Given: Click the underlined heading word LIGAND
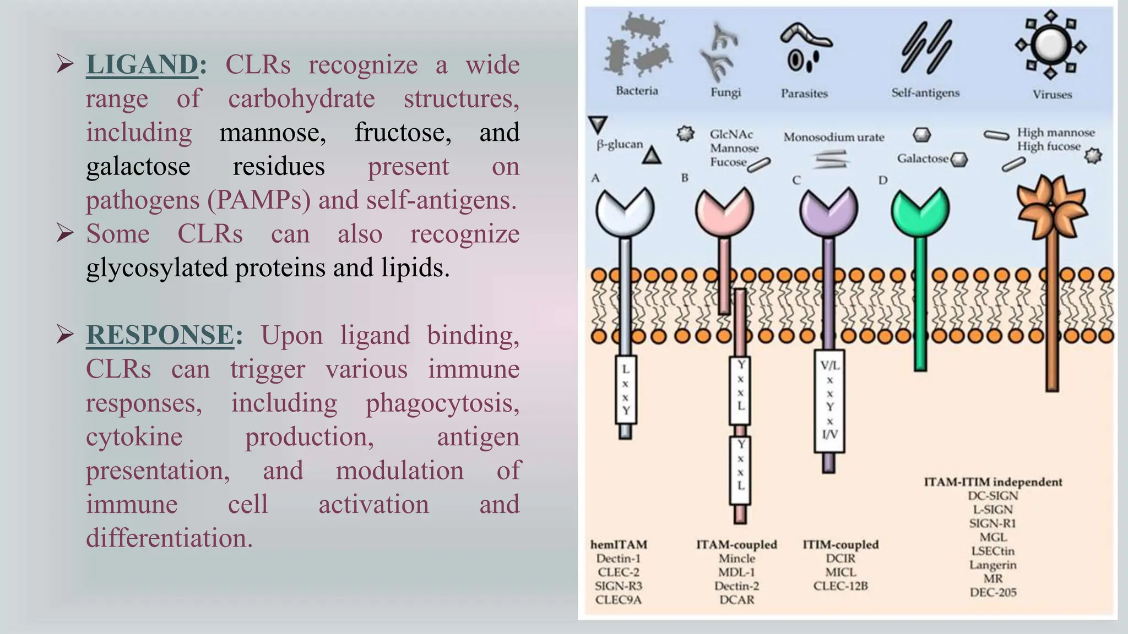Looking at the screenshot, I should [x=142, y=65].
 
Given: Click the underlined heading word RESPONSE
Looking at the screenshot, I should [x=160, y=335].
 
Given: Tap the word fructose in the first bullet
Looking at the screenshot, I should [x=402, y=133].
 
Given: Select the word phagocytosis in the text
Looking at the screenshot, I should [x=442, y=403].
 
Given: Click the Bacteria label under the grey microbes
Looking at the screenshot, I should [x=637, y=91].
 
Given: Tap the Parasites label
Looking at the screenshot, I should [x=804, y=94].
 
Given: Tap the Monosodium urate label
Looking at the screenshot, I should [x=833, y=137].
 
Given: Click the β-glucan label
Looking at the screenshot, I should [x=620, y=145].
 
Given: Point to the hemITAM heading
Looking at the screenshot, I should [x=619, y=544].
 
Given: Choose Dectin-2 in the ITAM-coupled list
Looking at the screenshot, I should [x=736, y=586].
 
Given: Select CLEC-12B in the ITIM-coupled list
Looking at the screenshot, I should [x=840, y=586].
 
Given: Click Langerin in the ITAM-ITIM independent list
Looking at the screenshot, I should [x=993, y=565].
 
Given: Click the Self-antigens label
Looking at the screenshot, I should [x=925, y=93].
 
